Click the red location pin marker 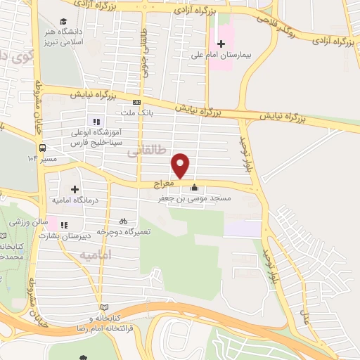pyautogui.click(x=181, y=165)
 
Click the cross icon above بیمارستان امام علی pyautogui.click(x=221, y=44)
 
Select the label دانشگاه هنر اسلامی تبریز pyautogui.click(x=83, y=37)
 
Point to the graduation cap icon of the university pyautogui.click(x=64, y=22)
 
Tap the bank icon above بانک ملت pyautogui.click(x=136, y=102)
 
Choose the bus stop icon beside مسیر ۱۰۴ pyautogui.click(x=43, y=148)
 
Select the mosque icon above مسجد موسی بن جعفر pyautogui.click(x=194, y=188)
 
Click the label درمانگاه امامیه pyautogui.click(x=75, y=200)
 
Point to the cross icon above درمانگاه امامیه pyautogui.click(x=75, y=189)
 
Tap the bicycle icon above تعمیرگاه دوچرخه pyautogui.click(x=124, y=220)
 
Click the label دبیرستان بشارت pyautogui.click(x=83, y=236)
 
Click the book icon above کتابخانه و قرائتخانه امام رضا pyautogui.click(x=105, y=307)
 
